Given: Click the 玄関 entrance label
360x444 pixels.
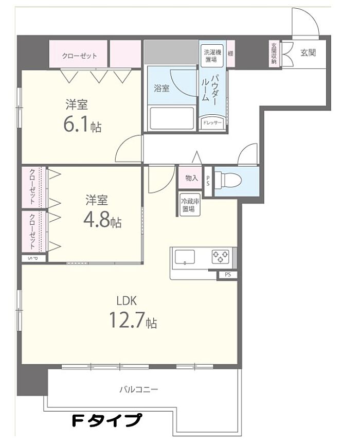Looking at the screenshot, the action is [x=308, y=52].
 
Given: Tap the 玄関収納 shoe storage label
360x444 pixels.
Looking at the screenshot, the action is [x=274, y=53].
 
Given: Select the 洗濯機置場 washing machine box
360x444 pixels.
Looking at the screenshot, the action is [x=212, y=56].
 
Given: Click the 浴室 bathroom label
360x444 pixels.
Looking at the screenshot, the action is [x=161, y=88].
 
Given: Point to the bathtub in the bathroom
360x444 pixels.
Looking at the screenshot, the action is [x=172, y=118].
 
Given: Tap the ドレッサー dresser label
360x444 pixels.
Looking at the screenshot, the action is [x=212, y=123].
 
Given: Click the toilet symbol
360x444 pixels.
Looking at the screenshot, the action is [x=228, y=180].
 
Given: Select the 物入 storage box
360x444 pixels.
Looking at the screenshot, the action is [x=191, y=178].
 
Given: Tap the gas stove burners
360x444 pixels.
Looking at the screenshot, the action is [x=220, y=256].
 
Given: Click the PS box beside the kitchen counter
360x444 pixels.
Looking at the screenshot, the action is [x=228, y=275].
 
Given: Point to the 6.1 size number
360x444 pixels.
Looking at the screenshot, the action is [x=76, y=124].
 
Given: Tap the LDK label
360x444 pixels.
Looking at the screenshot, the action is [x=127, y=301].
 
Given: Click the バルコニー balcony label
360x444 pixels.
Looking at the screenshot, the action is [x=138, y=389].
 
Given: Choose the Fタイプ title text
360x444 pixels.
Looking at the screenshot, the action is [x=106, y=420].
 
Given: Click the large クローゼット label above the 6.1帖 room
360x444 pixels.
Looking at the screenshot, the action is [x=79, y=56].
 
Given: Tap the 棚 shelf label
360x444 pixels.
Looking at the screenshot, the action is [x=231, y=53].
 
